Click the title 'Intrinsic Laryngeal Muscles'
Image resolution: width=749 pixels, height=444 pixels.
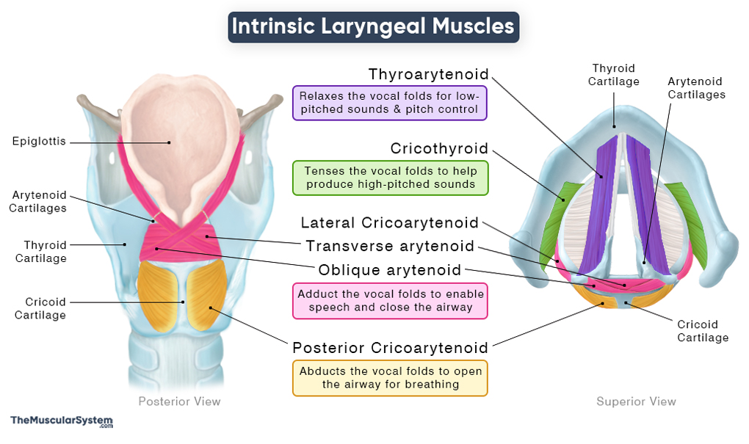coord(373,26)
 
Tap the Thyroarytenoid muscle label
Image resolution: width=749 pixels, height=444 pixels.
coord(428,74)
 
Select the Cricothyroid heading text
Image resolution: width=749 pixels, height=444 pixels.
coord(439,149)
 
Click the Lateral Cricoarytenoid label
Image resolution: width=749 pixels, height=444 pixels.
coord(390,222)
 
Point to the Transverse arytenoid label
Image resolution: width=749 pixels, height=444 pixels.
coord(390,246)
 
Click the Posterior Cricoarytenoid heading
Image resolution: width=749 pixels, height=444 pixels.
coord(390,347)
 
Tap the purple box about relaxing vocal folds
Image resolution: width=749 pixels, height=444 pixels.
coord(390,103)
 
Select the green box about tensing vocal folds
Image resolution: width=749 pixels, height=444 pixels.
coord(390,178)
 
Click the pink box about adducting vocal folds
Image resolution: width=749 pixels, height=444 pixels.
coord(390,301)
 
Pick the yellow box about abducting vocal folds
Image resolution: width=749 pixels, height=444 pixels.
coord(390,378)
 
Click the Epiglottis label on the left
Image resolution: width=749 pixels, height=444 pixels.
coord(39,142)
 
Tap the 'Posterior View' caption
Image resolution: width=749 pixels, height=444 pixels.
coord(179,401)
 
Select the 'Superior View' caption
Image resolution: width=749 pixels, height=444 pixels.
coord(636,401)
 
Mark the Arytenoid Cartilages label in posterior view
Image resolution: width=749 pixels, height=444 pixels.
coord(39,202)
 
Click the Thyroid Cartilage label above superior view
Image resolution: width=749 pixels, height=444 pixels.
coord(614,75)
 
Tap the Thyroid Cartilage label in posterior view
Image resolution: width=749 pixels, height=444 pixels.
coord(45,252)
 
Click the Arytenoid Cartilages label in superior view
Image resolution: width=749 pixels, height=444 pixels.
coord(695,88)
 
